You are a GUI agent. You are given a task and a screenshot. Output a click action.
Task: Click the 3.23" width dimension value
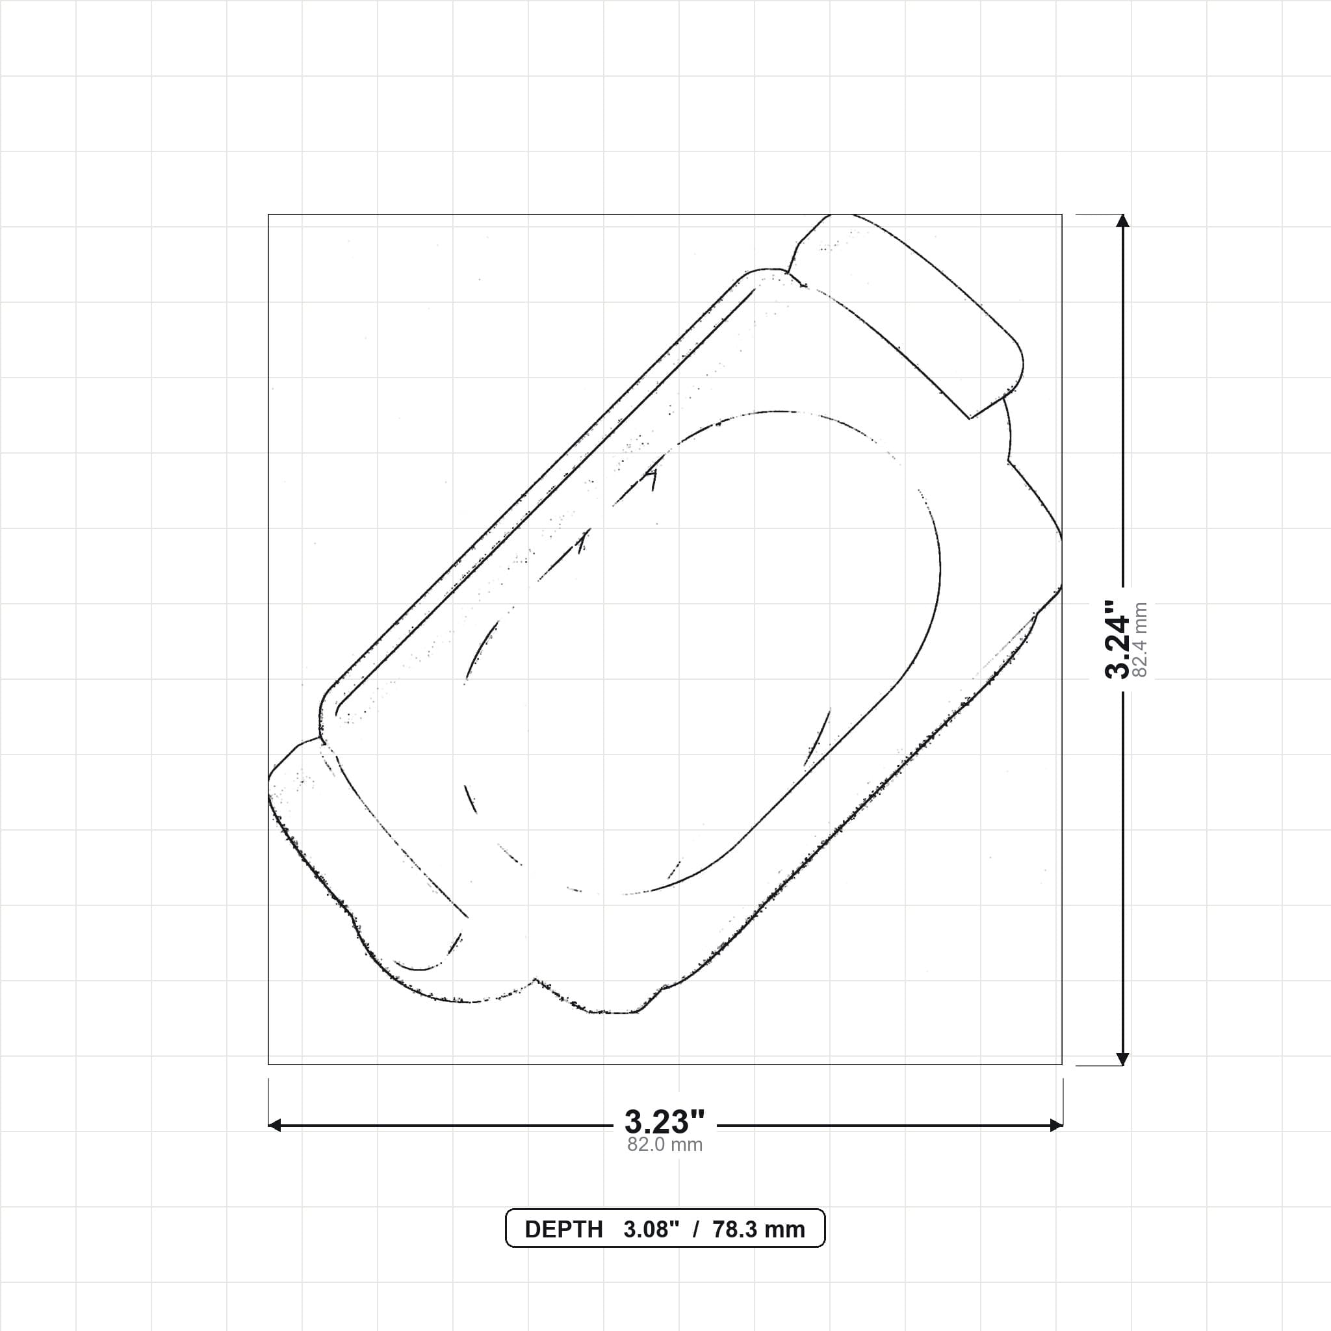pyautogui.click(x=665, y=1122)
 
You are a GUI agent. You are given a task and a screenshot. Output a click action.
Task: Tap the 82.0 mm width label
pyautogui.click(x=665, y=1145)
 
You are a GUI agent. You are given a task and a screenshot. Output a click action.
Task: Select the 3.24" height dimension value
pyautogui.click(x=1117, y=640)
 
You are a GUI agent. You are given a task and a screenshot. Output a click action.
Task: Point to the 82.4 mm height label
pyautogui.click(x=1140, y=640)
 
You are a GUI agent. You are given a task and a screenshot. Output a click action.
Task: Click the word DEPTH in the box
pyautogui.click(x=563, y=1230)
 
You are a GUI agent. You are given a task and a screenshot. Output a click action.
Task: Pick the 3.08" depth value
pyautogui.click(x=651, y=1230)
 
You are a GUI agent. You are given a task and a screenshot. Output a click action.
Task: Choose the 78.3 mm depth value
pyautogui.click(x=758, y=1230)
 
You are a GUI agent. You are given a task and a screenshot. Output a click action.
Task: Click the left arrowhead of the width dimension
pyautogui.click(x=274, y=1126)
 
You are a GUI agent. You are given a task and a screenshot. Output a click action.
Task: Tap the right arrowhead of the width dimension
pyautogui.click(x=1056, y=1126)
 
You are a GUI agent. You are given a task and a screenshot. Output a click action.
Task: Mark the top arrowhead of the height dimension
pyautogui.click(x=1123, y=220)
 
